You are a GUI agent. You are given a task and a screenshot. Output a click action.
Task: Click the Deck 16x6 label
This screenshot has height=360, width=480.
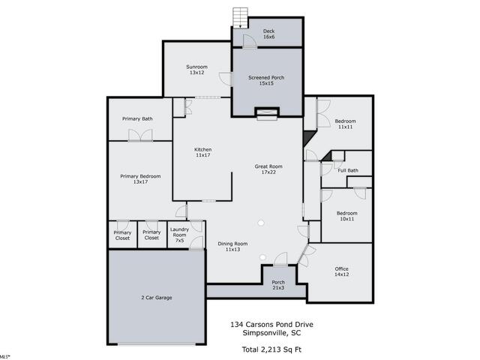[268, 34]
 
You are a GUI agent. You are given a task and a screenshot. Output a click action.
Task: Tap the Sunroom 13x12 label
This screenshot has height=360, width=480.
[196, 70]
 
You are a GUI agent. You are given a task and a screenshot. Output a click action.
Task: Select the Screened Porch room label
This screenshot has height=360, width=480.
[266, 80]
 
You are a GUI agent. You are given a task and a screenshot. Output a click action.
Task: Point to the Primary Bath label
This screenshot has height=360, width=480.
[137, 118]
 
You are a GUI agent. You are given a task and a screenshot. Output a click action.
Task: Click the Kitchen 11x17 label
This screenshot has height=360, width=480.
[203, 152]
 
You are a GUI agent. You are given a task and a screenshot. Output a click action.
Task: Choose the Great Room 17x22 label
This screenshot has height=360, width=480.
[268, 169]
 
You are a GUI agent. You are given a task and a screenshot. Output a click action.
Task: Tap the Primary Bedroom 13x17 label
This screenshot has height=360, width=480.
[140, 179]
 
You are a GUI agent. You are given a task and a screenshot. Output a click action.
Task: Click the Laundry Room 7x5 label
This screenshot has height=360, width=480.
[179, 235]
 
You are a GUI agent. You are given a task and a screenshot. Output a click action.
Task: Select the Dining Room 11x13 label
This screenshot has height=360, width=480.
[232, 247]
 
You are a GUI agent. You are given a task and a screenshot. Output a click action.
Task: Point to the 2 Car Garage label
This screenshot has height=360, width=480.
[157, 298]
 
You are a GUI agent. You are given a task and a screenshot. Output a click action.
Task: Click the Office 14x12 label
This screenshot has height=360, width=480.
[342, 271]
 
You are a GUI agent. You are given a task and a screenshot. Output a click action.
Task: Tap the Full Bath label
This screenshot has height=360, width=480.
[348, 170]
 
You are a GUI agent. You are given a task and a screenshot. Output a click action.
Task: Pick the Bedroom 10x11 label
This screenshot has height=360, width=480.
[346, 216]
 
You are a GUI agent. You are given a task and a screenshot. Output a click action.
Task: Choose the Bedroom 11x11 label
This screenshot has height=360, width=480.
[345, 124]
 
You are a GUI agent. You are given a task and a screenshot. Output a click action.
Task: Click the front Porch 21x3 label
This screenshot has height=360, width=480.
[278, 285]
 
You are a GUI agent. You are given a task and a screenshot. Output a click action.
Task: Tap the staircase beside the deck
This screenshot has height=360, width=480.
[240, 18]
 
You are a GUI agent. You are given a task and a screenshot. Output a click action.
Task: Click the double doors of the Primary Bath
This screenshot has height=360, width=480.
[140, 135]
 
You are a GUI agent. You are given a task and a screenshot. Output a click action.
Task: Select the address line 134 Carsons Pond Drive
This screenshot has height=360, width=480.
[271, 325]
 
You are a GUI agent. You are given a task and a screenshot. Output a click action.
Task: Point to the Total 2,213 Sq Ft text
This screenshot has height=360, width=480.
[271, 349]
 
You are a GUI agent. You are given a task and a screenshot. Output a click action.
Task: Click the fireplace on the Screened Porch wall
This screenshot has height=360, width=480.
[267, 113]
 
